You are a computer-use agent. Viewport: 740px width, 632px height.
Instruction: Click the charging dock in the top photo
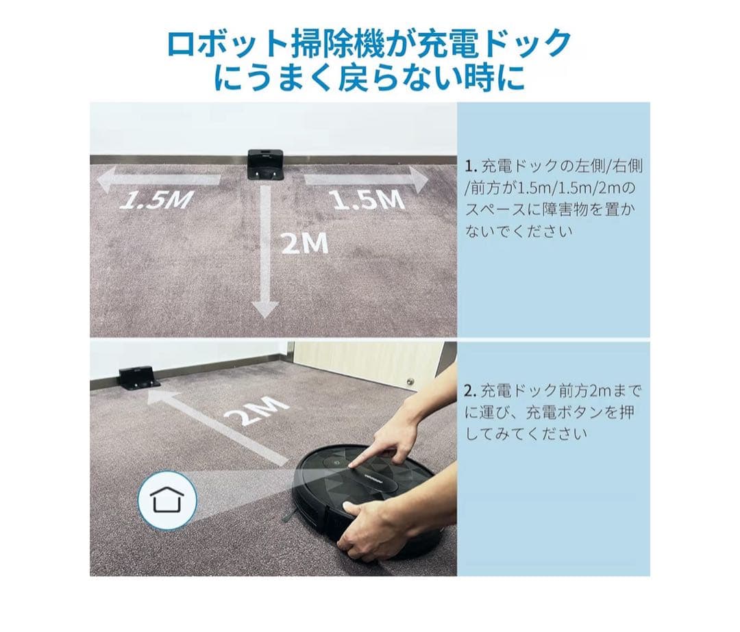265,164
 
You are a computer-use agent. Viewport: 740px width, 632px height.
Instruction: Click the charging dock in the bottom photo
139,377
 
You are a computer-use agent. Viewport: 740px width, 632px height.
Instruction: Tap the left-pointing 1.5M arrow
158,181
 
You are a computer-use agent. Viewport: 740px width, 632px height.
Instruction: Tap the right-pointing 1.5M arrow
367,180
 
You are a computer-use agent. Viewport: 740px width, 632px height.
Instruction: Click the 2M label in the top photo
304,243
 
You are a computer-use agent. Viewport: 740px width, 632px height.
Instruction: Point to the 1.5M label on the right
367,199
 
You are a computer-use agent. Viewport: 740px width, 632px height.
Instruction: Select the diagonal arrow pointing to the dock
219,426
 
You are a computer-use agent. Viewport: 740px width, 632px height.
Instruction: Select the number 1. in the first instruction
470,166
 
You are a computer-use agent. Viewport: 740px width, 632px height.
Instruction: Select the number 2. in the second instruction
470,392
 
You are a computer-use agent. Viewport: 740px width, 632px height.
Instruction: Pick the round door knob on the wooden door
410,382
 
